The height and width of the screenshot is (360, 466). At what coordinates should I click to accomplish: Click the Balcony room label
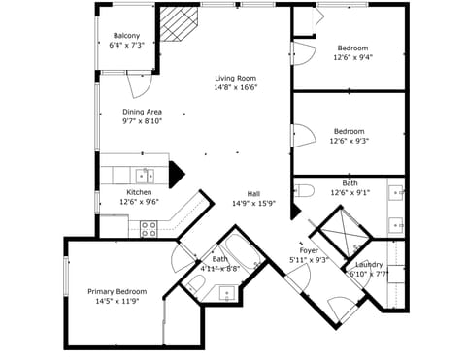[x=126, y=36]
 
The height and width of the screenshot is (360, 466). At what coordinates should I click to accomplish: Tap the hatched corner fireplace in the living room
[x=177, y=24]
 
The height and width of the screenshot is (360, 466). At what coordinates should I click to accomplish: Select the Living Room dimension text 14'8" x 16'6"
[x=235, y=88]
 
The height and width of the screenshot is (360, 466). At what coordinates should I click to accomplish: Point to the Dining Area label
[x=142, y=111]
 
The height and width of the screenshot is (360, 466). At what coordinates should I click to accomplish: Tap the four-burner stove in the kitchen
[x=150, y=228]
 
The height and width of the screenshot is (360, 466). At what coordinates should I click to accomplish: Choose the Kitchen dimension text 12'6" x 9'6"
[x=139, y=203]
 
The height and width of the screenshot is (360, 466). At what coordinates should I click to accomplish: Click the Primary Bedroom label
[x=116, y=291]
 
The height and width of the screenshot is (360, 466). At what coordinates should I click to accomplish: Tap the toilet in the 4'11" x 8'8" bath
[x=195, y=283]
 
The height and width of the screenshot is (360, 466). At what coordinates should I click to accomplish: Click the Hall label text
[x=253, y=193]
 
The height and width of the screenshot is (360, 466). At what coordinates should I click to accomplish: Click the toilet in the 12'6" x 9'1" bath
[x=304, y=189]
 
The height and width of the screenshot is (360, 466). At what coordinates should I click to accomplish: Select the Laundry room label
[x=369, y=264]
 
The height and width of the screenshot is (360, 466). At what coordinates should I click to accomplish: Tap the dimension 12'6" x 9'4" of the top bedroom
[x=352, y=57]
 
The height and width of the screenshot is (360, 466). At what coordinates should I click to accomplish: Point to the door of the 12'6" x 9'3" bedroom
[x=302, y=141]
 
